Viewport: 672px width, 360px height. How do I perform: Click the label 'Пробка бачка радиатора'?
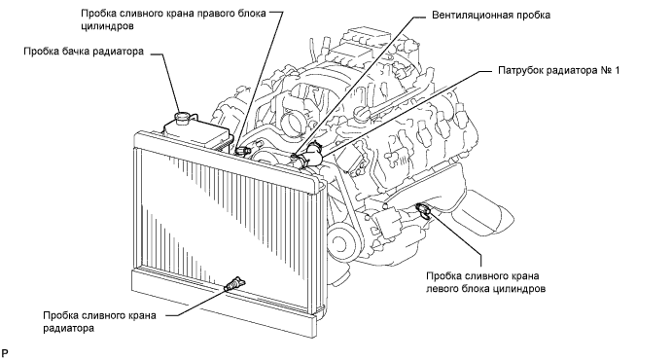coord(84,52)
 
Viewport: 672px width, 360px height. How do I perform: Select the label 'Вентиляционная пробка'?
coord(491,16)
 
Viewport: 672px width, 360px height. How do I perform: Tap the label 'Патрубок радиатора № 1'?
coord(559,70)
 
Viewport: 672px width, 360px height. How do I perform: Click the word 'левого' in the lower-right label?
coord(442,289)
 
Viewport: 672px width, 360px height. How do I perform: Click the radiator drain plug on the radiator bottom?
coord(234,284)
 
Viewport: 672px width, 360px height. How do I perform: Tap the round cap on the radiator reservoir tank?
coord(184,117)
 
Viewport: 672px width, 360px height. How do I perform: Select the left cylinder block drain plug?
coord(423,210)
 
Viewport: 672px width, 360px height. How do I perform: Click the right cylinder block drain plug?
coord(243,150)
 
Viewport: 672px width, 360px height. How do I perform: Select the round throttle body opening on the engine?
coord(294,123)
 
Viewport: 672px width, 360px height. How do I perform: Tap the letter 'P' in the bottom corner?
coord(4,353)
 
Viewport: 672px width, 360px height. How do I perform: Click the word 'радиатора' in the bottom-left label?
coord(68,329)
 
